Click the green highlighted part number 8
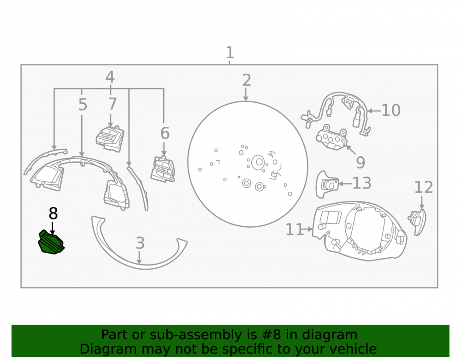(x=51, y=242)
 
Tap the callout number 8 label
(x=53, y=213)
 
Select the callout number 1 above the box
(x=230, y=53)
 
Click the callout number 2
(x=247, y=80)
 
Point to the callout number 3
(x=140, y=243)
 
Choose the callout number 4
(x=110, y=77)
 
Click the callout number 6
(x=165, y=133)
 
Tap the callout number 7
(x=112, y=104)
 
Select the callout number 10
(x=391, y=111)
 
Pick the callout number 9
(x=361, y=163)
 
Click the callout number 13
(x=362, y=183)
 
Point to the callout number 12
(x=424, y=188)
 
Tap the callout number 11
(x=295, y=230)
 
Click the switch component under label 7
(x=110, y=139)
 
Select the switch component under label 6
(x=163, y=169)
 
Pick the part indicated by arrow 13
(x=327, y=184)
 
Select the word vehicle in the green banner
(x=353, y=349)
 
